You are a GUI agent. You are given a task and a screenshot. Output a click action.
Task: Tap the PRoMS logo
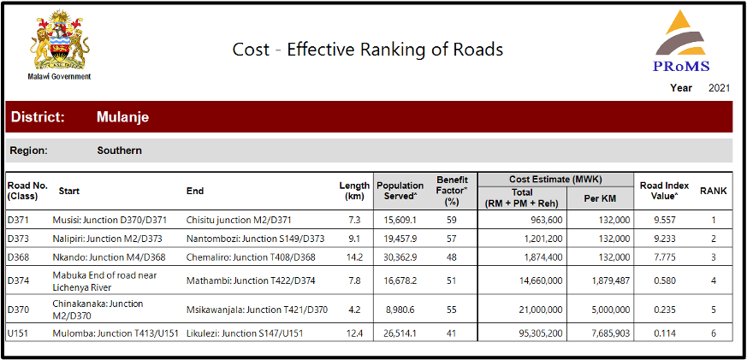pos(681,42)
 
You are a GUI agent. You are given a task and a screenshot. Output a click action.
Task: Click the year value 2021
pos(720,88)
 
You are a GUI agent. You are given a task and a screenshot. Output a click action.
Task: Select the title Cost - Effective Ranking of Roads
pos(368,49)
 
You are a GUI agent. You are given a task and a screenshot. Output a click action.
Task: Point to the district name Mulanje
pos(122,117)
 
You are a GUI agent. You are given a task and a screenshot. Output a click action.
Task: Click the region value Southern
pos(119,150)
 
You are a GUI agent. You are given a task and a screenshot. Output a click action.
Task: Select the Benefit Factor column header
pos(452,191)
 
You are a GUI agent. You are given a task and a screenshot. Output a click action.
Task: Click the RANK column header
pos(713,192)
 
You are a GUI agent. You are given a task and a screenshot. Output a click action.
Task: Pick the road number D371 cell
pos(19,220)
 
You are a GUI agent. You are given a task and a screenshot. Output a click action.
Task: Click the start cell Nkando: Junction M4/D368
pos(109,257)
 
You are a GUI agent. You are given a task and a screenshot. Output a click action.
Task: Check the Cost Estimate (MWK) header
pos(555,179)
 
